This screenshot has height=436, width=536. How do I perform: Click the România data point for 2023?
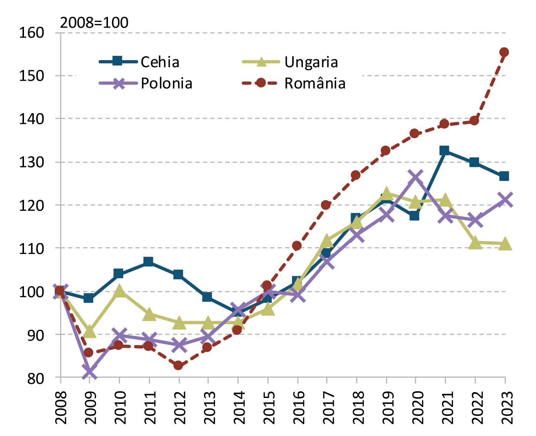(x=504, y=52)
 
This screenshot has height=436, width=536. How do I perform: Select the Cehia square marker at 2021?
(x=444, y=150)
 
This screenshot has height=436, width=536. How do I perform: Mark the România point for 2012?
(x=178, y=365)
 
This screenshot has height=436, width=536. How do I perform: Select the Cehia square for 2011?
(x=148, y=262)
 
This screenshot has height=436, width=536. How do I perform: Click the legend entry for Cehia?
(x=160, y=62)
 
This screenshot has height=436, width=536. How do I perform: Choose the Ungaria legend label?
(x=311, y=62)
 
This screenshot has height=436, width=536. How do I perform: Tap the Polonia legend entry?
(x=167, y=84)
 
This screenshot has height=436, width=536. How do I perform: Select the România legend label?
(x=315, y=84)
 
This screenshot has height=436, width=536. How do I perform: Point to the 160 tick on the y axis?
(x=32, y=33)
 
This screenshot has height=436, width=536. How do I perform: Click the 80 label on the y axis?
(x=36, y=378)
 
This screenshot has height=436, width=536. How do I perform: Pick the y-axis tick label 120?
(x=32, y=205)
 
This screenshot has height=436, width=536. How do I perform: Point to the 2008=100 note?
(x=94, y=23)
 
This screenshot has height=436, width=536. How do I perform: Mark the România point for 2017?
(x=326, y=205)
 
